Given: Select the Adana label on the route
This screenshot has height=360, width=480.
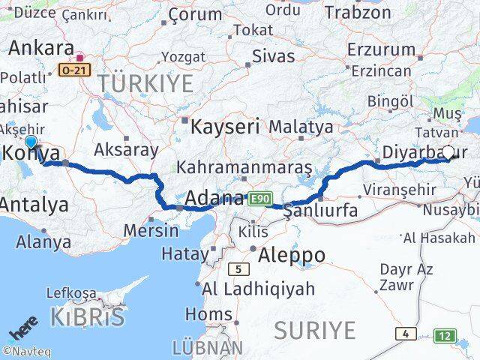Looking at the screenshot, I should coord(214,199).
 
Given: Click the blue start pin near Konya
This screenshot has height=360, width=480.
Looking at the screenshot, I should coord(31,142).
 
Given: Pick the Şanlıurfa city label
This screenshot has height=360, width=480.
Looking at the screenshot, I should coord(320,212).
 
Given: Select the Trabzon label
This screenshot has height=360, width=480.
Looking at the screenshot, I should coord(358,13).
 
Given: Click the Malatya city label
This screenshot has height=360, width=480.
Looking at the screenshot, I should coord(301,126).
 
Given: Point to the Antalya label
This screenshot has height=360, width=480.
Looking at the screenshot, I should coord(34,203).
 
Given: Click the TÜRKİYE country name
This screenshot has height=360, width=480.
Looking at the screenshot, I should coord(150,83).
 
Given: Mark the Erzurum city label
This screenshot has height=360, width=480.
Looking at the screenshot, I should coord(381,49).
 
